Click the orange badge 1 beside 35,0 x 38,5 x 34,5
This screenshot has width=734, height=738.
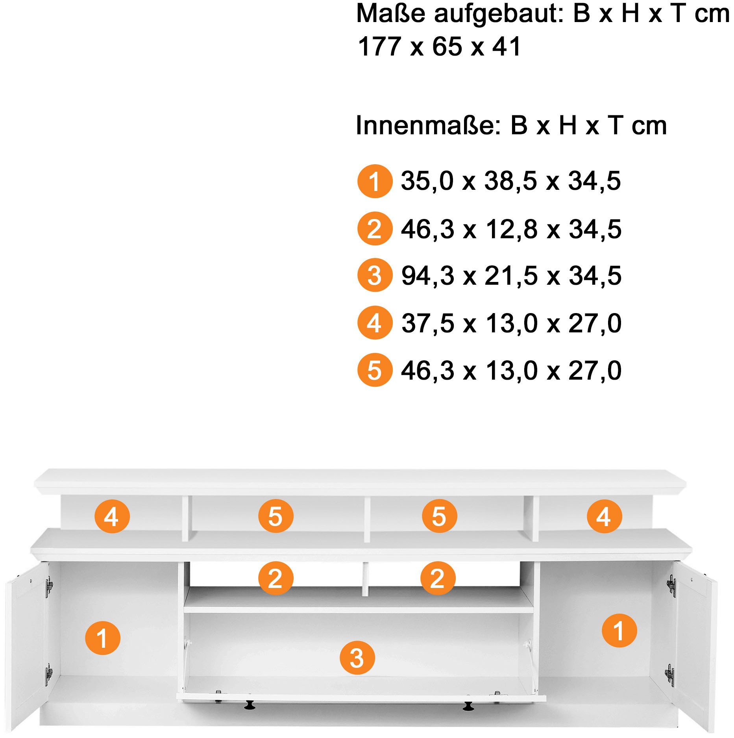coord(375,181)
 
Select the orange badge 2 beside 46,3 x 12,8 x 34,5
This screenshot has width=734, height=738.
coord(375,229)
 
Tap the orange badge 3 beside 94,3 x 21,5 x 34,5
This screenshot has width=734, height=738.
coord(375,275)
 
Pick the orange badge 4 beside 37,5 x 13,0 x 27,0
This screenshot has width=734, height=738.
coord(375,323)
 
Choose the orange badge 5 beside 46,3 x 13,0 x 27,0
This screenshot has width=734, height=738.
coord(375,370)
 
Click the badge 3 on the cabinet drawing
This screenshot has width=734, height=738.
coord(357,658)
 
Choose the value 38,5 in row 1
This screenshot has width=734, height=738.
coord(510,181)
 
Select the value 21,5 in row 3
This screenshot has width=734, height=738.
coord(511,276)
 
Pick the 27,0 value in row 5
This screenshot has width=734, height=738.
coord(595,371)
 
